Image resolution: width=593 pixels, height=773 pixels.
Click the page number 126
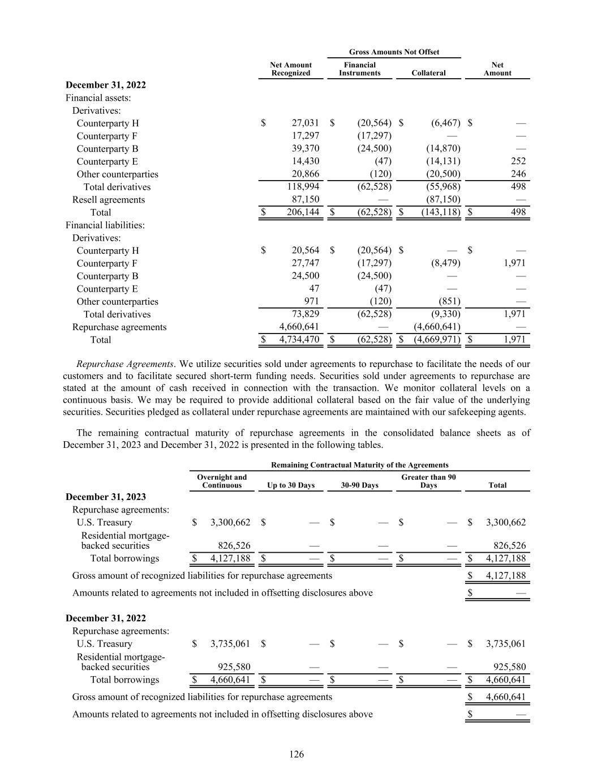tap(296, 754)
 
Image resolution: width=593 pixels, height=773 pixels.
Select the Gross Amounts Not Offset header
tap(394, 52)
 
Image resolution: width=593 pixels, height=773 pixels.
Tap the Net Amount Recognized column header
tap(291, 69)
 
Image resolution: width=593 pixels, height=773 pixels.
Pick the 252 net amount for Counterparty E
tap(518, 161)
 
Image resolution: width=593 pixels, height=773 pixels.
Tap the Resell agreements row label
tap(108, 199)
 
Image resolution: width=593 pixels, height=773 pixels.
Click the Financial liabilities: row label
tap(105, 225)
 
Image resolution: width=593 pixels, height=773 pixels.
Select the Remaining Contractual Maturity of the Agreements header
tap(360, 465)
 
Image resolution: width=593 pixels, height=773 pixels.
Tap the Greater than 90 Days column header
tap(428, 481)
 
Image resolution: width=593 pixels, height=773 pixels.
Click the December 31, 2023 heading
tap(106, 497)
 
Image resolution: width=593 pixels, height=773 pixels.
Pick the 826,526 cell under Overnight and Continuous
tap(234, 546)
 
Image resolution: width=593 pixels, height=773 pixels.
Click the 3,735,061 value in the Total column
tap(505, 643)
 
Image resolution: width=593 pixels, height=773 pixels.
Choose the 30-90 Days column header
tap(359, 485)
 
